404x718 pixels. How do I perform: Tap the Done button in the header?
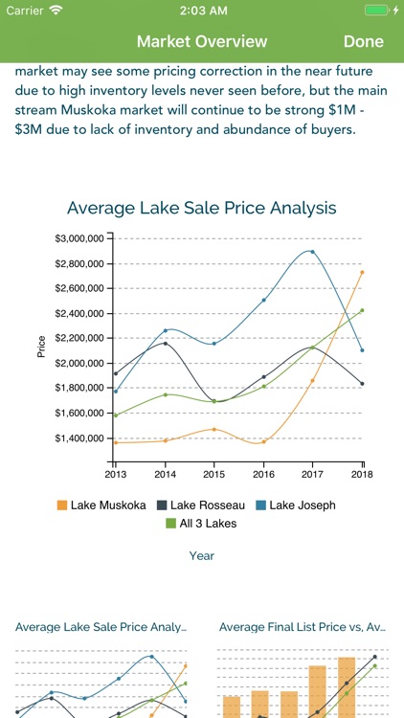363,41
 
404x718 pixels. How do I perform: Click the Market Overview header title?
202,41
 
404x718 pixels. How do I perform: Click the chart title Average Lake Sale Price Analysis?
202,208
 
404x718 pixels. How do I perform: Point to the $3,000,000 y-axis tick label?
80,238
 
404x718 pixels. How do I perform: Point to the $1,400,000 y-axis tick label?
80,438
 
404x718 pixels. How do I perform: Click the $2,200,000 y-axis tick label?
80,339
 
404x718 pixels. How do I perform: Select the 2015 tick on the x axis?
214,473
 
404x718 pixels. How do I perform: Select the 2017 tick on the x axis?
312,473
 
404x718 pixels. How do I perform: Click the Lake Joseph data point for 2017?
312,252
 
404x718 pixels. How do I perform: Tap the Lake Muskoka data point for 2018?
362,272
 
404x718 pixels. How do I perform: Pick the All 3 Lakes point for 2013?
116,415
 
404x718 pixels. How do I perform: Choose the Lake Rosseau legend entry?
201,505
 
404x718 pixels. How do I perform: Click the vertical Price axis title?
41,347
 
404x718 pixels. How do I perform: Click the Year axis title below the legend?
202,555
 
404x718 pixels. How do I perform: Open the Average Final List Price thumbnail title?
302,627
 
